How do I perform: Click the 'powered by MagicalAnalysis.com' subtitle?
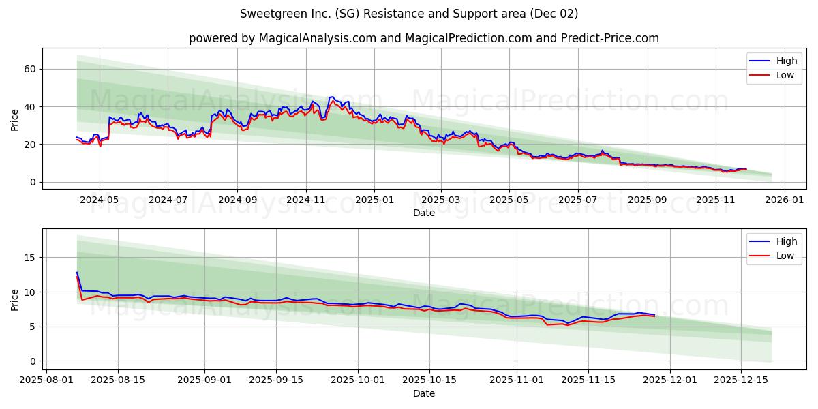[423, 38]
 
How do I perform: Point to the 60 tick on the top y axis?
[30, 69]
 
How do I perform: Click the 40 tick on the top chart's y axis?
[30, 106]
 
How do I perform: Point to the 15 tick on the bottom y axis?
[30, 258]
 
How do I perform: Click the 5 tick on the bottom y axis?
[33, 327]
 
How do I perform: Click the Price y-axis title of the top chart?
[15, 120]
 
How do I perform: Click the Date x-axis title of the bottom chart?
[423, 393]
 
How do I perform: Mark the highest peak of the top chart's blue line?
[332, 97]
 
